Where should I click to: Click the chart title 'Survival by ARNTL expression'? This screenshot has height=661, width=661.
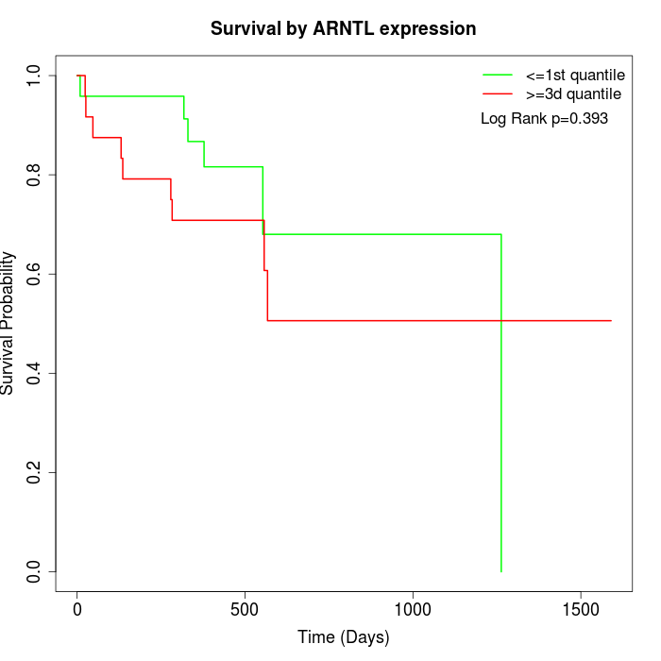click(x=343, y=29)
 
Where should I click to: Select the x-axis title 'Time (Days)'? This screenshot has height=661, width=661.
click(x=343, y=638)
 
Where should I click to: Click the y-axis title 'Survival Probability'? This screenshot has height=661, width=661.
click(x=8, y=323)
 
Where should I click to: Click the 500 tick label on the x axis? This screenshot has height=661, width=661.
click(x=246, y=610)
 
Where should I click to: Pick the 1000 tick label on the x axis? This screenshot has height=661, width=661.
click(x=414, y=610)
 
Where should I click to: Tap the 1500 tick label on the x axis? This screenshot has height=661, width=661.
click(x=582, y=610)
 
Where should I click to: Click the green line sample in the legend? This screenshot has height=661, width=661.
click(x=498, y=74)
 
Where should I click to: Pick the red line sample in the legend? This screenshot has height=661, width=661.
click(x=498, y=94)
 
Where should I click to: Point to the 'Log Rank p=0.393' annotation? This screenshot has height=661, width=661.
click(x=544, y=119)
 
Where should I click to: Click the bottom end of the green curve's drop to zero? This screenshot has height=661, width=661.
click(x=500, y=570)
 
